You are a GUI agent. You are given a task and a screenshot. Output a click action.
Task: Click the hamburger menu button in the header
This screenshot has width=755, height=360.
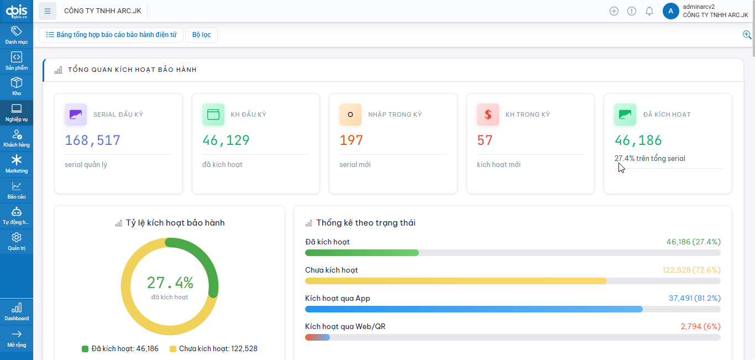coord(48,11)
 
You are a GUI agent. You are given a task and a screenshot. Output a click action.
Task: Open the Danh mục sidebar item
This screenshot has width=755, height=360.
coord(17,35)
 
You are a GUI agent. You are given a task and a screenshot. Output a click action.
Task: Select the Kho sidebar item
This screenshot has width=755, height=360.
coord(17,86)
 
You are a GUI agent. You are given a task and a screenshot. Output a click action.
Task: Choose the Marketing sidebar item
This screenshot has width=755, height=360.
coord(17,164)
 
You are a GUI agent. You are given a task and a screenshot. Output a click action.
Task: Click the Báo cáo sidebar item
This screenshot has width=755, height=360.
coord(17,190)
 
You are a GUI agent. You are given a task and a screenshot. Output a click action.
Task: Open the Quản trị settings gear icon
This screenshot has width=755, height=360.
coord(17,238)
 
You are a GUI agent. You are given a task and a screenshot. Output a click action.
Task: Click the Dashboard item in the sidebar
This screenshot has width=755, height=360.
coord(17,311)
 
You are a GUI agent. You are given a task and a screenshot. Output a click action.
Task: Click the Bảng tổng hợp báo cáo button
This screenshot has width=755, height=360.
coord(111,35)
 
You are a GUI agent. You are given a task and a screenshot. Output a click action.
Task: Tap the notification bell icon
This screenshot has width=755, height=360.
coord(649,11)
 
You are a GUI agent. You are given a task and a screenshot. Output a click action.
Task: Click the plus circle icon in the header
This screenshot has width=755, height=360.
coord(614,11)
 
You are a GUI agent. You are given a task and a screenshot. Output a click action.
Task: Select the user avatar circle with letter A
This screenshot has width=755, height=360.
coord(670,11)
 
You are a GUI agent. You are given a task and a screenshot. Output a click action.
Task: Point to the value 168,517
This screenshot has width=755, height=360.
coord(93,140)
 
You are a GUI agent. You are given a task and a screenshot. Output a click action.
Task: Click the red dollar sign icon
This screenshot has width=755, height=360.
coord(488,114)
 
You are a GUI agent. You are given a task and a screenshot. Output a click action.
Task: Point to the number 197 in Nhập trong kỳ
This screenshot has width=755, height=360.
coord(352,140)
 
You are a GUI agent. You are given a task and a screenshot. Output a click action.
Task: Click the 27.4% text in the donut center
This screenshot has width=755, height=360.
coord(170,283)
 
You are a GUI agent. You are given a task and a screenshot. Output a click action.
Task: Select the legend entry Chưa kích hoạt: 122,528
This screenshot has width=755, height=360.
coord(213,349)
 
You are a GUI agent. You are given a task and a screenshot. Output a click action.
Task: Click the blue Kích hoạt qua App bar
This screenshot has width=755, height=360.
coord(474,309)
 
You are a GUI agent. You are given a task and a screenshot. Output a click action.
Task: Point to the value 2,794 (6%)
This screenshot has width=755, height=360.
coord(700,327)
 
